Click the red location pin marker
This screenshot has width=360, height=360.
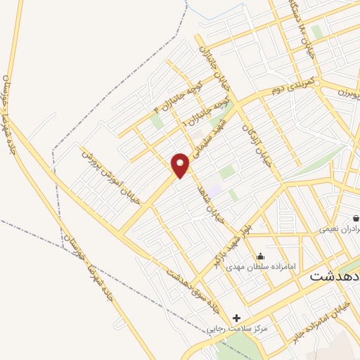pos(181,165)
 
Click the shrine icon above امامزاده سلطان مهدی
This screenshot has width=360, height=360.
pos(261,256)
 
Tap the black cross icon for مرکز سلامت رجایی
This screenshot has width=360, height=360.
pos(237,318)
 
